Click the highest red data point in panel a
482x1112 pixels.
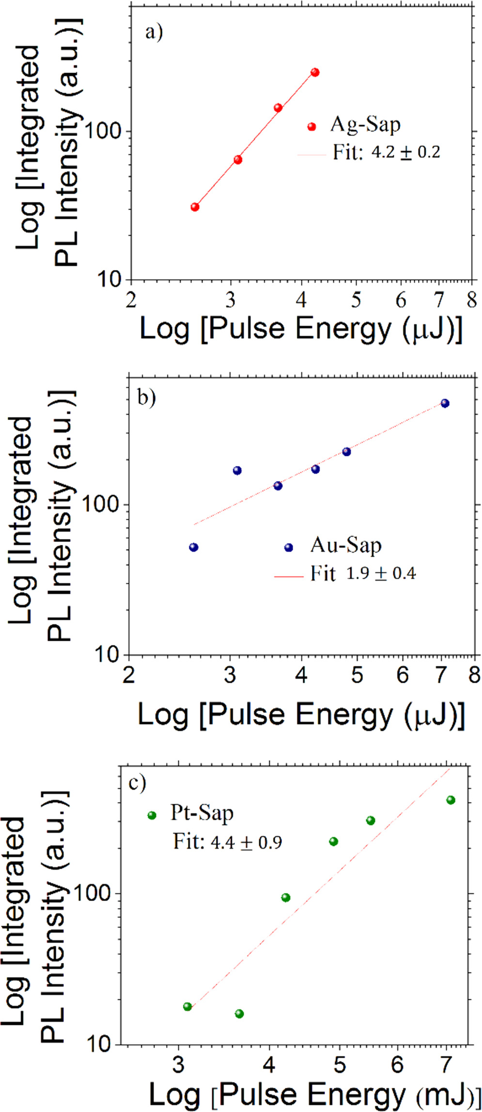(x=315, y=73)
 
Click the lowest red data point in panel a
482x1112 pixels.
(x=195, y=207)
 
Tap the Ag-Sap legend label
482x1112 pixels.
(x=365, y=125)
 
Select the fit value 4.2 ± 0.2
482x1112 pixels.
(x=405, y=152)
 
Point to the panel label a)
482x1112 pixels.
(x=154, y=33)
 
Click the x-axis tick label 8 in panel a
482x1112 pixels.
(x=471, y=301)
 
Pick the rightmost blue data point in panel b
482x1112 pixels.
(x=445, y=404)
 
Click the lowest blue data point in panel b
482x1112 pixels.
(x=194, y=547)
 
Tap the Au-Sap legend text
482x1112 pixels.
(x=345, y=545)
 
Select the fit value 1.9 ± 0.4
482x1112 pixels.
(x=381, y=574)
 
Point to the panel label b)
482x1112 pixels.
(x=146, y=398)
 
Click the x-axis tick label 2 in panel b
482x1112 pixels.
(x=128, y=675)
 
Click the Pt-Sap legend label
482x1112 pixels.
(x=202, y=812)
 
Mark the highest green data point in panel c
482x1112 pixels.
(x=451, y=800)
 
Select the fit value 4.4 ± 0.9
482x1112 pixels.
(x=246, y=842)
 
